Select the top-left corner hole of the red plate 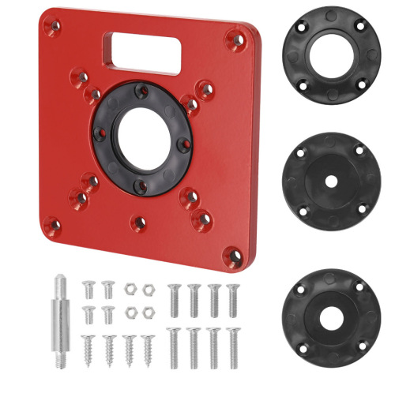[x=53, y=27]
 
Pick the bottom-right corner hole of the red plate [x=231, y=253]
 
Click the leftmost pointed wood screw [x=88, y=348]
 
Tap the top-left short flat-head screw [x=88, y=289]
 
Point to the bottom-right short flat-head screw [x=108, y=314]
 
